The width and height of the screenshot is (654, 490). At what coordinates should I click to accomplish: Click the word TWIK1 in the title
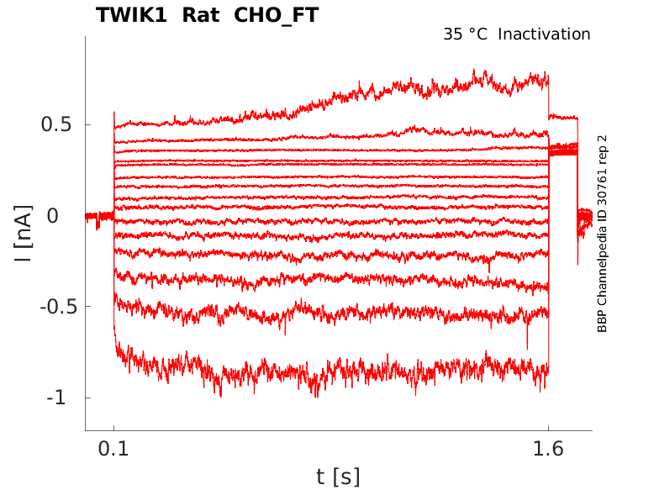coord(137,15)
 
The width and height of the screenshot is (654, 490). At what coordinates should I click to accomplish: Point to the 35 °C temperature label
coord(465,34)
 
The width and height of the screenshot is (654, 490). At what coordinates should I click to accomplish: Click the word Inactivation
coord(545,34)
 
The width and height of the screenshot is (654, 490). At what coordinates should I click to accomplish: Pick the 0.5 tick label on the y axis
coord(57,124)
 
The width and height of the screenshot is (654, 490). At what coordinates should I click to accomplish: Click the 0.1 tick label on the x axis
coord(114,449)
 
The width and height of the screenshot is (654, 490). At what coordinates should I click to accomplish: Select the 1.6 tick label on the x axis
coord(548,449)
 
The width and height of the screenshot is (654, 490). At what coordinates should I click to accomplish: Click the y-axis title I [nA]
coord(24,234)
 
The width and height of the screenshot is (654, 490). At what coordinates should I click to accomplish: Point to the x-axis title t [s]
coord(338,477)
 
